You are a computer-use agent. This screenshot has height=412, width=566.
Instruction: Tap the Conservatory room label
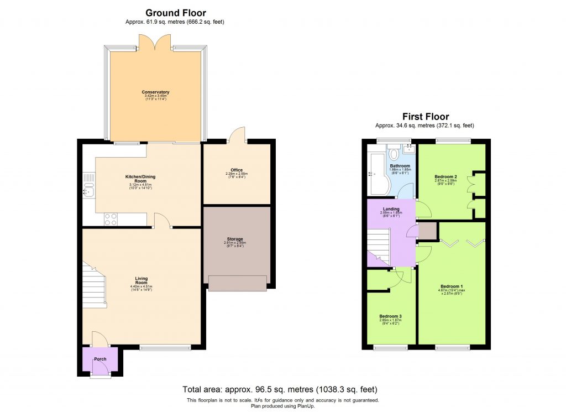[x=155, y=92]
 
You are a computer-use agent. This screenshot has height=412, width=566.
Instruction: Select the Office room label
[x=237, y=170]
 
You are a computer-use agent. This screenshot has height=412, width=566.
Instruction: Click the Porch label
[x=100, y=359]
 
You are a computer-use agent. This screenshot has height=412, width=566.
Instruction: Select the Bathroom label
[x=400, y=166]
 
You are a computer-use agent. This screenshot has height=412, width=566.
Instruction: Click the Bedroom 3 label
[x=390, y=316]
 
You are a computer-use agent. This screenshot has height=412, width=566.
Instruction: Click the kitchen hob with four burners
[x=109, y=219]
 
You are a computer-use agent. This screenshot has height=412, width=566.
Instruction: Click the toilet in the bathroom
[x=394, y=152]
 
